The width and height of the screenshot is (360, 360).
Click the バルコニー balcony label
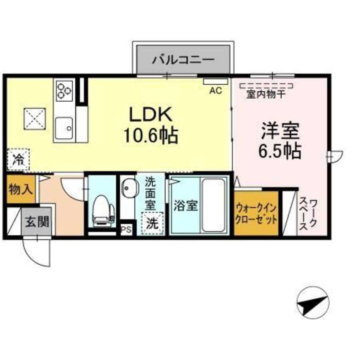(x=183, y=59)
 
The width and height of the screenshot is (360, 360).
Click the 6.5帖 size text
(x=280, y=151)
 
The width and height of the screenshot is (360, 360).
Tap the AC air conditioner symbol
(x=216, y=90)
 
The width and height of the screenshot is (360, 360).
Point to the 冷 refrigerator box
(x=18, y=160)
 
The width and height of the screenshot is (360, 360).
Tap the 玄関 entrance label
(x=38, y=221)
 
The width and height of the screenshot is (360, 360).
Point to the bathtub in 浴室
(x=213, y=205)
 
